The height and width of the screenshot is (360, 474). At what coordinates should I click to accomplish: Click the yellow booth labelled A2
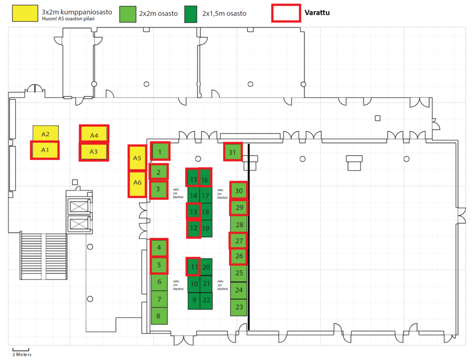tap(46, 134)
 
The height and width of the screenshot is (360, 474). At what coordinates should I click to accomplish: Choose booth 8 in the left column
tap(159, 316)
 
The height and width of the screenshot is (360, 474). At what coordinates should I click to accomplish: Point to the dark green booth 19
tap(206, 228)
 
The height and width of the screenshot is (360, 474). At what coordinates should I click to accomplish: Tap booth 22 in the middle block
tap(206, 300)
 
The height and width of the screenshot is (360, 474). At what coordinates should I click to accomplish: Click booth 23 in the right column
tap(239, 307)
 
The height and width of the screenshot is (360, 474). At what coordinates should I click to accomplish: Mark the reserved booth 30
tap(239, 190)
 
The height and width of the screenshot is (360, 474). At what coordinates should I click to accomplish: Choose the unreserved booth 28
tap(239, 225)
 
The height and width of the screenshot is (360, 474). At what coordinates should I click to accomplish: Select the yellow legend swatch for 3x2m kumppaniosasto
tap(25, 13)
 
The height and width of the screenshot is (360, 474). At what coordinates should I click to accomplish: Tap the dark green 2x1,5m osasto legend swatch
tap(191, 14)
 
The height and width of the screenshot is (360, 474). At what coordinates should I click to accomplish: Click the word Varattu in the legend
tap(317, 13)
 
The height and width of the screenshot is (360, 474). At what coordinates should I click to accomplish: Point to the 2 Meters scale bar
tap(21, 350)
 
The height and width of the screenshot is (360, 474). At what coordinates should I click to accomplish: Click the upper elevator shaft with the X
tap(79, 207)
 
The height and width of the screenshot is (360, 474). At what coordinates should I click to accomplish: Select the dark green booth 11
tap(193, 267)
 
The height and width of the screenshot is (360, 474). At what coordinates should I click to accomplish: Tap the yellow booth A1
tap(45, 150)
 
